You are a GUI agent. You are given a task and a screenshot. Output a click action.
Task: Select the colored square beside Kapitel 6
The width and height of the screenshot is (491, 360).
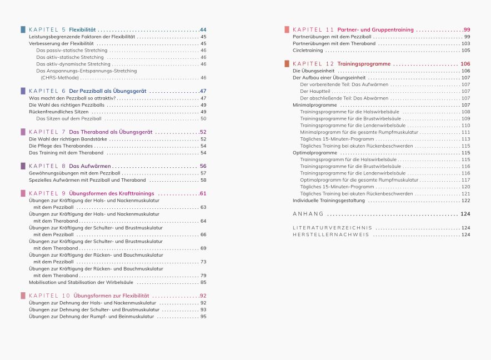coord(22,91)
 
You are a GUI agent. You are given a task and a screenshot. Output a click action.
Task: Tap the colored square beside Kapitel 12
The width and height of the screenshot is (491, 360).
coord(286,64)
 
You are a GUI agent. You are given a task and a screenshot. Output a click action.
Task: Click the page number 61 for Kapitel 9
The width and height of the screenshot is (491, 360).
coord(203,193)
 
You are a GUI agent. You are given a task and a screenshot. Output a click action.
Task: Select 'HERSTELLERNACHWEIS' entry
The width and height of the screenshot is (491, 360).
coord(330,234)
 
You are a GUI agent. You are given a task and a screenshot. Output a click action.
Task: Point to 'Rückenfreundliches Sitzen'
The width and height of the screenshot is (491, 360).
coord(58,112)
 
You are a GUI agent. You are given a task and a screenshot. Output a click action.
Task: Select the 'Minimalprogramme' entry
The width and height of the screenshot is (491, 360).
coord(314,105)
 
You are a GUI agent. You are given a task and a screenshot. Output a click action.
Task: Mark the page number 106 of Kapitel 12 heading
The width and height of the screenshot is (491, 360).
coord(465,64)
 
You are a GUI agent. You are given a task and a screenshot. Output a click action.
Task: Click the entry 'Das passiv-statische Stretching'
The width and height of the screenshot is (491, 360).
coord(72,50)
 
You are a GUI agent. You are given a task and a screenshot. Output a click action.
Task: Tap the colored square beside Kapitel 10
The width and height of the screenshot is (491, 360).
coord(22,296)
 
